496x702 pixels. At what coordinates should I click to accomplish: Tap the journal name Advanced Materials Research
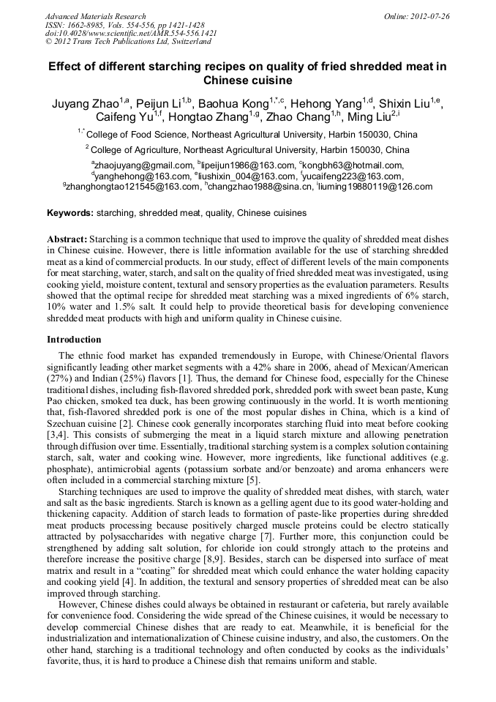pyautogui.click(x=95, y=16)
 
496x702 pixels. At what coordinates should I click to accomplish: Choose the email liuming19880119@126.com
pyautogui.click(x=376, y=187)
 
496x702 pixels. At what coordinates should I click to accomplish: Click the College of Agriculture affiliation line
pyautogui.click(x=251, y=149)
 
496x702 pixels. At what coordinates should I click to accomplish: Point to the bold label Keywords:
pyautogui.click(x=70, y=213)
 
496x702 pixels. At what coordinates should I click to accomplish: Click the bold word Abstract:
pyautogui.click(x=67, y=239)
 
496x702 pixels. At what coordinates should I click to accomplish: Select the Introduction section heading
pyautogui.click(x=74, y=340)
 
